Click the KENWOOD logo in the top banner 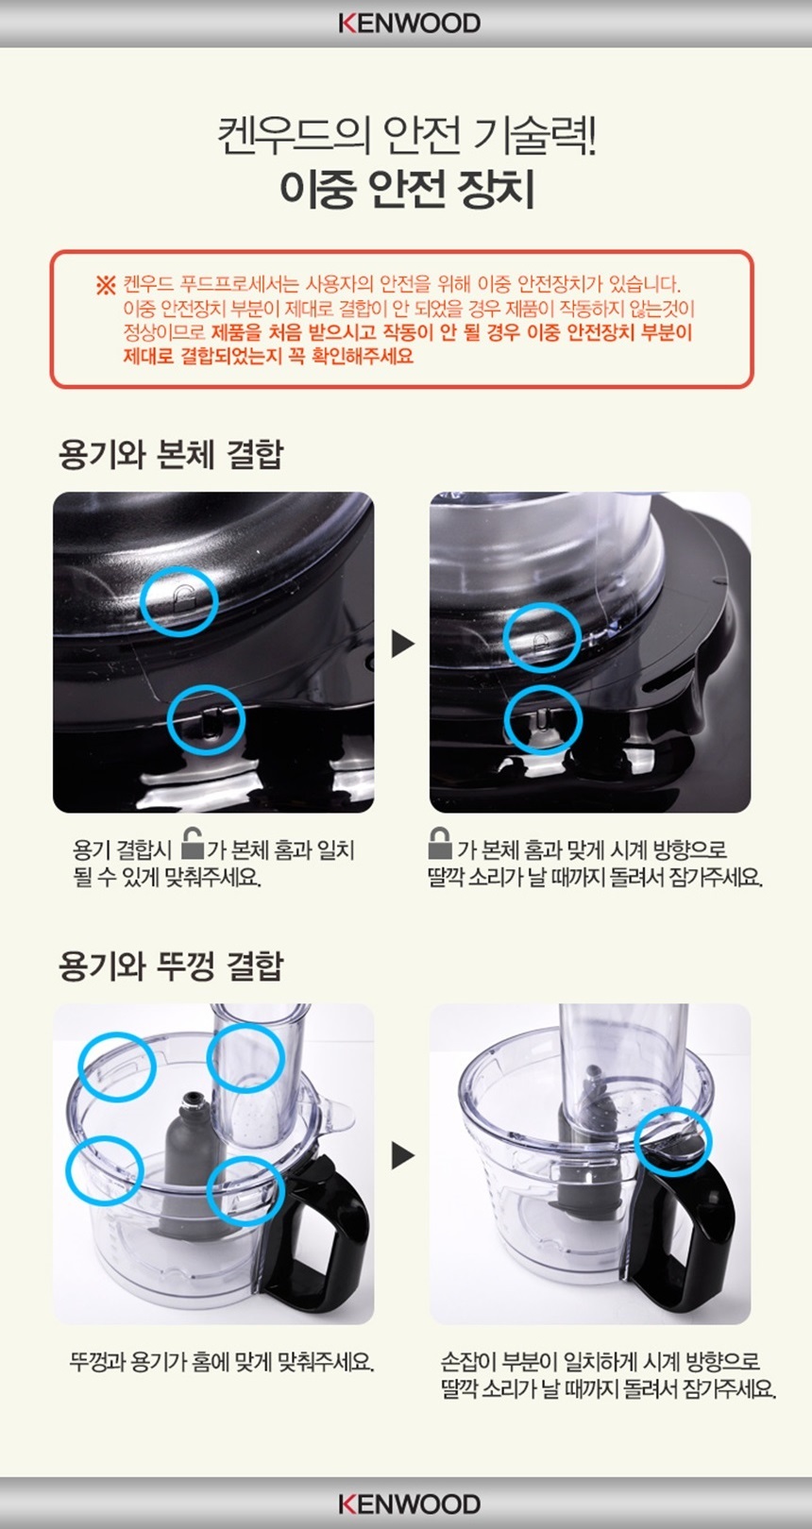coord(409,24)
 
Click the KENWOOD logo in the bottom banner coord(409,1504)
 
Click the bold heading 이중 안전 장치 coord(407,189)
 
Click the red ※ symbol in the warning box coord(106,285)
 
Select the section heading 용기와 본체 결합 coord(171,455)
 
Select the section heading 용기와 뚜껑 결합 coord(171,966)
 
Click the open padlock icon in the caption coord(193,845)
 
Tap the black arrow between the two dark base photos coord(402,644)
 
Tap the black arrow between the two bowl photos coord(402,1155)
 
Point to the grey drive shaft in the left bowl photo coord(184,1160)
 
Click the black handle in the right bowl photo coord(686,1229)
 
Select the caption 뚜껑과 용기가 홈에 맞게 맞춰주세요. coord(222,1363)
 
